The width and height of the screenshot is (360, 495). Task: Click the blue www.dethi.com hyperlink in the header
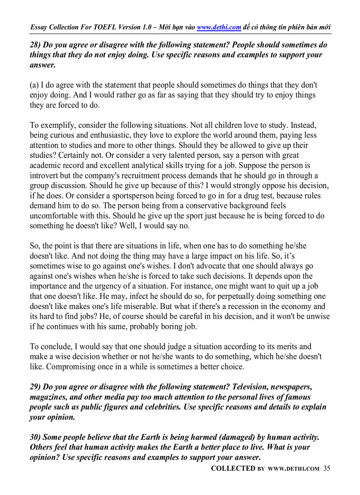(219, 27)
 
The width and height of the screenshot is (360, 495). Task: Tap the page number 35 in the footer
(326, 469)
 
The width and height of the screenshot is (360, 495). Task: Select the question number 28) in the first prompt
(35, 45)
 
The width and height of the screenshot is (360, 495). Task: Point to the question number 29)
(35, 387)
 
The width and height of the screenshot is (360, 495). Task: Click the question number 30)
(35, 437)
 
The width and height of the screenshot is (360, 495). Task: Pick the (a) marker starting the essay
(34, 85)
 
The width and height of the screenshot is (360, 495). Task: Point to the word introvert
(45, 175)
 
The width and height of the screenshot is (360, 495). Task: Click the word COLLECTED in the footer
(233, 469)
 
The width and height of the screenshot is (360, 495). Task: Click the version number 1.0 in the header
(148, 27)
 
